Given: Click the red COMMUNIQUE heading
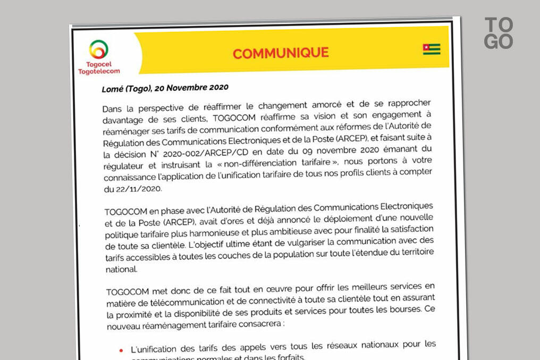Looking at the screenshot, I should coord(281,53).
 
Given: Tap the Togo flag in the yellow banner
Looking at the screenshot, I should coord(431,49).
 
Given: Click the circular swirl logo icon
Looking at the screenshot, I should coord(99,49).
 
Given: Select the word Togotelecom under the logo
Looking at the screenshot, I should coord(99,71).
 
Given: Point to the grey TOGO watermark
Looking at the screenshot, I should coord(499,33).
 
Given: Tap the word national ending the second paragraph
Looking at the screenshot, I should coord(121,270).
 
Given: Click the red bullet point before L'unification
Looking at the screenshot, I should coord(121,350).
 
